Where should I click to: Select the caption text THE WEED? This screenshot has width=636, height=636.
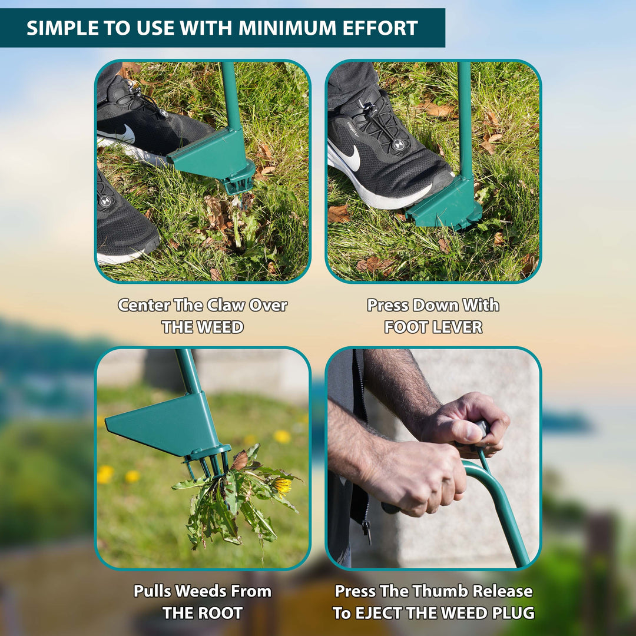[203, 327]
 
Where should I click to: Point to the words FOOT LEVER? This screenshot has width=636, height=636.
[433, 327]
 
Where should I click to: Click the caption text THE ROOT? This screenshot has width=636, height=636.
[203, 612]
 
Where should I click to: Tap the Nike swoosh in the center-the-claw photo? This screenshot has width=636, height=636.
[124, 135]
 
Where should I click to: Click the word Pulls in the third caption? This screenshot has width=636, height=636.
[155, 591]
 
